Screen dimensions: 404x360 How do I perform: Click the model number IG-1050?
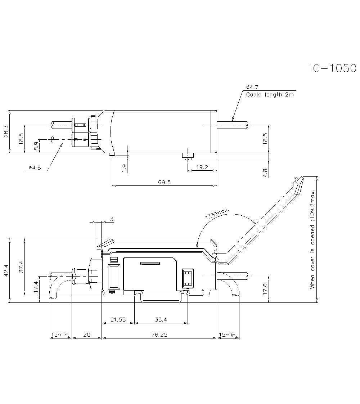click(333, 68)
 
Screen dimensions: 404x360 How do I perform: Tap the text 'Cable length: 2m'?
click(270, 95)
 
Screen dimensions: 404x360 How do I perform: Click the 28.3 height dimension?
click(5, 131)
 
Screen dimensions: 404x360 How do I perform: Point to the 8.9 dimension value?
click(36, 146)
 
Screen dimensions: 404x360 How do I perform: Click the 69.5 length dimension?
click(164, 183)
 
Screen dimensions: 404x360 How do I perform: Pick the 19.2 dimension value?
click(203, 167)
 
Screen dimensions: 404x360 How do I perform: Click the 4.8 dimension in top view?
click(265, 173)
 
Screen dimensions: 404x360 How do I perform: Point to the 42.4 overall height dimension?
click(5, 270)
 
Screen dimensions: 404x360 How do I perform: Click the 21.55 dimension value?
click(118, 319)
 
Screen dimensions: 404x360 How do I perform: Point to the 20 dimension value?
click(87, 335)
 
